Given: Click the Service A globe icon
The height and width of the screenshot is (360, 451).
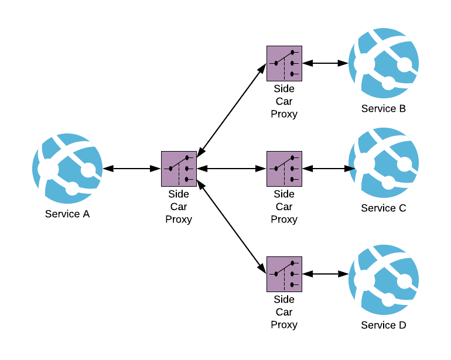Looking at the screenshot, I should point(67,169).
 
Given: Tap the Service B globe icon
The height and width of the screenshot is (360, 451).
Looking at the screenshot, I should point(384,63).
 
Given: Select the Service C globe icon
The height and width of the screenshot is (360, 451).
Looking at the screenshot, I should point(384,163).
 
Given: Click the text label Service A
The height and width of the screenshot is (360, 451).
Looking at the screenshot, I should point(67,214).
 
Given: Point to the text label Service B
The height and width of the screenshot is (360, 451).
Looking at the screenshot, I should point(384,108).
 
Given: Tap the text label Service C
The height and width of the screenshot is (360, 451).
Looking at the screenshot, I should point(384,208).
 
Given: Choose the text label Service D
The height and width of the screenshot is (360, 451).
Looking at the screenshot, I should point(384,325).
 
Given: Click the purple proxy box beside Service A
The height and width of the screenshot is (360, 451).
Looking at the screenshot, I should point(179,169).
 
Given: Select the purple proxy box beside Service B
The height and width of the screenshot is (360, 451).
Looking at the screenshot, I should point(284,63).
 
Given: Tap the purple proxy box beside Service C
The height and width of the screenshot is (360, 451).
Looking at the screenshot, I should point(284,169).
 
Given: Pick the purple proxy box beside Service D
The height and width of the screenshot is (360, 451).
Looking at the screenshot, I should point(284,274).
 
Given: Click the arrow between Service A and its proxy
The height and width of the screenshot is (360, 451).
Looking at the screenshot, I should point(132,169).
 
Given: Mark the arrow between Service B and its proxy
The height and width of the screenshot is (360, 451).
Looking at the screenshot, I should point(326,63).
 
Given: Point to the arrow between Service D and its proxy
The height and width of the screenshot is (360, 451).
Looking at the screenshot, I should point(326,274).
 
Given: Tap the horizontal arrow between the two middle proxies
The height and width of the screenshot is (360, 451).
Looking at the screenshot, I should point(231,169).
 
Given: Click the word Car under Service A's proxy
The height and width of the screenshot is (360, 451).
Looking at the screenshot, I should point(179,207).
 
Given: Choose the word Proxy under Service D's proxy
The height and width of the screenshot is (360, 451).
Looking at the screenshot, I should point(284,324).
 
